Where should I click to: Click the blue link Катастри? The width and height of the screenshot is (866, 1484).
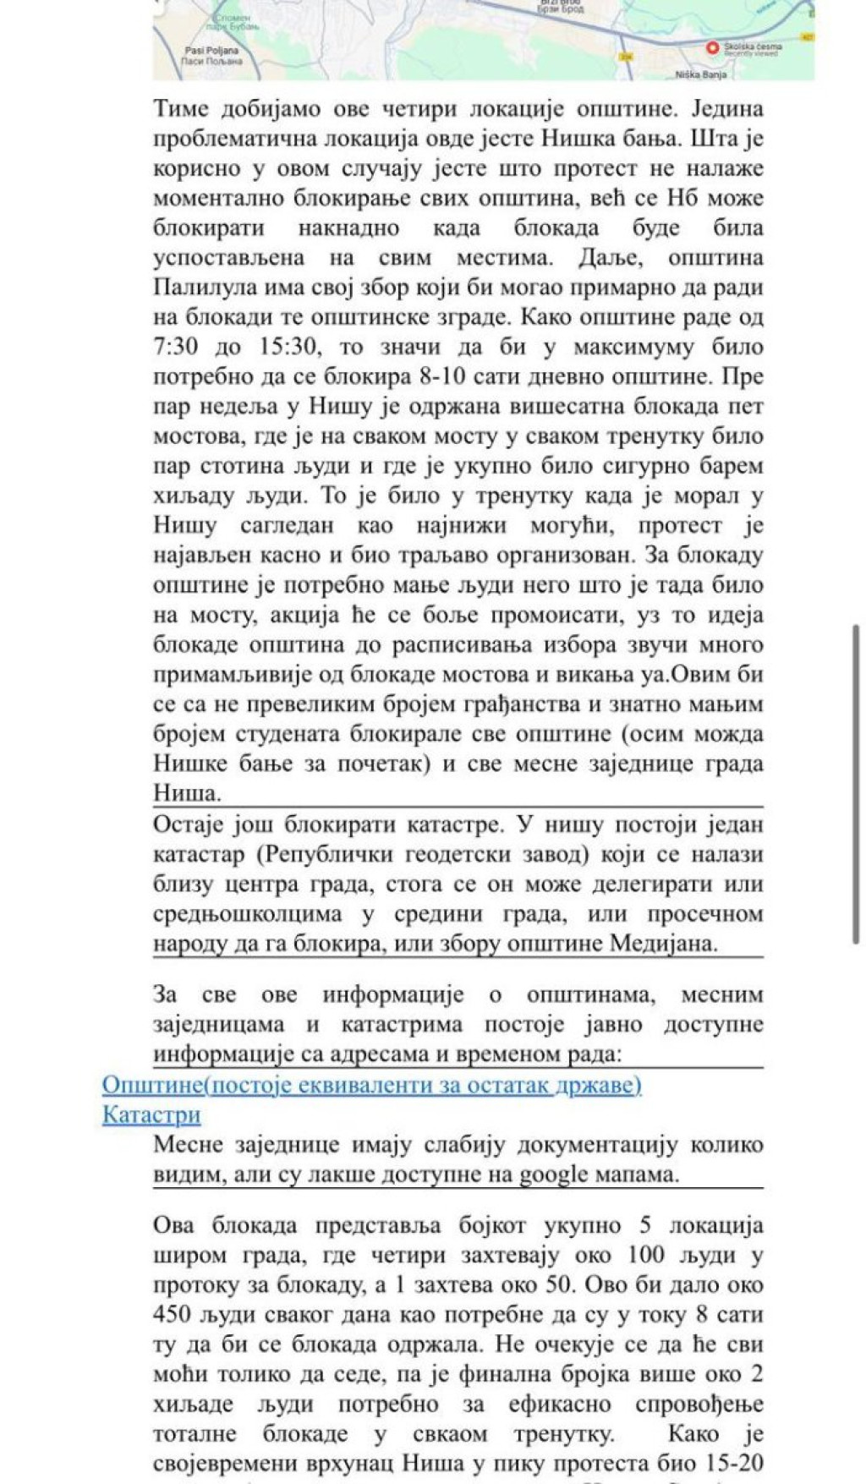coord(151,1114)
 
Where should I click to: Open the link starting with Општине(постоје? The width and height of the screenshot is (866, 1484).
coord(371,1085)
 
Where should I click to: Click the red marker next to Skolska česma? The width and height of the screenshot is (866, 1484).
coord(712,48)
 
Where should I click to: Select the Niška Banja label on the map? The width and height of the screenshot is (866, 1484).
coord(700,74)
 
